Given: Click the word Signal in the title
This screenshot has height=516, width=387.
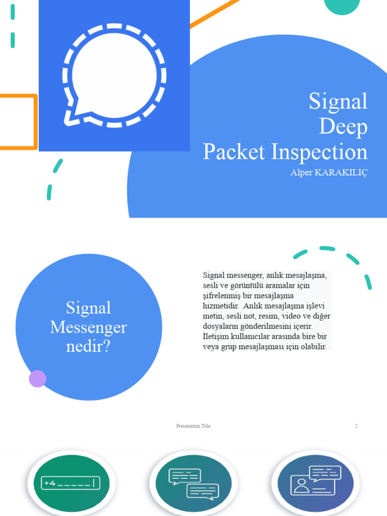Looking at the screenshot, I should click(x=338, y=101).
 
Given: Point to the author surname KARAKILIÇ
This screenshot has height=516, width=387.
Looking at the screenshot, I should click(x=341, y=173).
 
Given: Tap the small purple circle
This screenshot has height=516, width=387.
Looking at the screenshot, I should click(x=38, y=378).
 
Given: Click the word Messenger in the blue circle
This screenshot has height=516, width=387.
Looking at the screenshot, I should click(x=89, y=328).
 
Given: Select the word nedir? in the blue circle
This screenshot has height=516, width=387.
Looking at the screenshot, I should click(x=88, y=347).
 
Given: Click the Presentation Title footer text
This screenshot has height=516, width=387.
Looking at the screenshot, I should click(x=193, y=426).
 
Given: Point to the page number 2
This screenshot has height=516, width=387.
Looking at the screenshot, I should click(x=356, y=426).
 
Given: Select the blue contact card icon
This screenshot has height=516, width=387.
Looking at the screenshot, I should click(x=316, y=481).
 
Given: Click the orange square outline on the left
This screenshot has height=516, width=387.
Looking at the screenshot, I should click(x=18, y=122).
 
